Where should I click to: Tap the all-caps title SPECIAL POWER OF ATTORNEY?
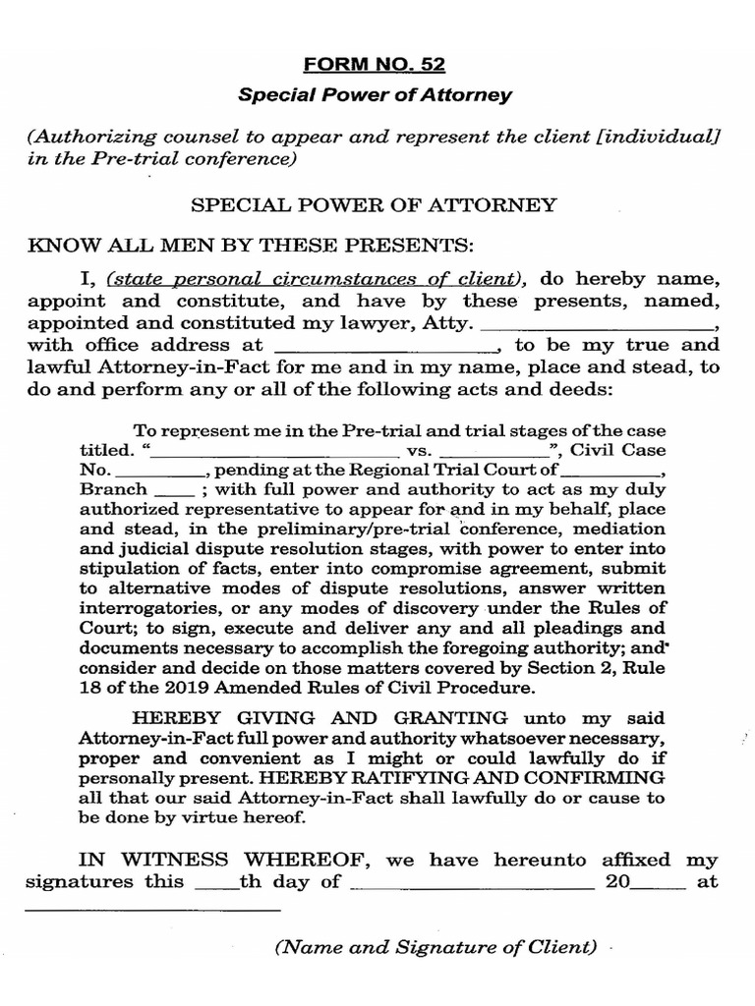point(374,205)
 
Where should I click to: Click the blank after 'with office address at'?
point(386,346)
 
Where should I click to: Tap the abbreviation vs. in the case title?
point(419,451)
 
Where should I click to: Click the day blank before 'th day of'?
point(217,882)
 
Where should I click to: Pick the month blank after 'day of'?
point(472,882)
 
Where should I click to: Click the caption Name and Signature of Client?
point(436,948)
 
